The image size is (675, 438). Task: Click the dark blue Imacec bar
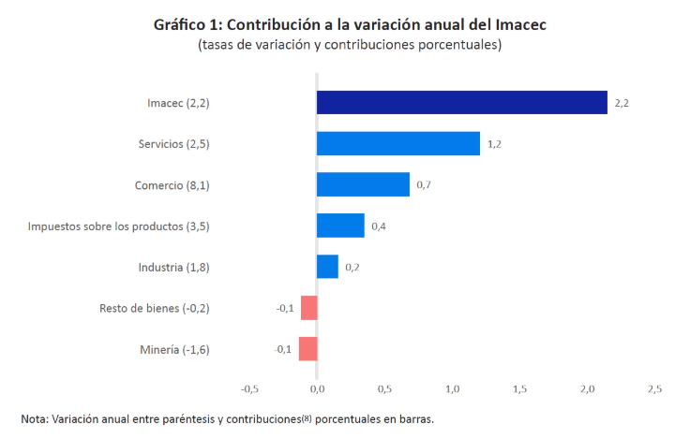pos(461,102)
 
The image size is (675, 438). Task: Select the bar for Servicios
pos(397,143)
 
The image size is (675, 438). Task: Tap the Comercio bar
pos(363,184)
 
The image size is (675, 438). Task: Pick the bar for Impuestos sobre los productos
pos(340,226)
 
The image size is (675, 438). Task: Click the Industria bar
pos(327,267)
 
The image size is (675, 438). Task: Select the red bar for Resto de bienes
pos(309,308)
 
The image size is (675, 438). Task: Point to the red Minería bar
pos(308,349)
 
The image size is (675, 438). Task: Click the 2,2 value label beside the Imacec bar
pos(622,103)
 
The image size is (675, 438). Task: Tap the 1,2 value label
pos(494,144)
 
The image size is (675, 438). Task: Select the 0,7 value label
pos(424,185)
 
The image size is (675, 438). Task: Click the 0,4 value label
pos(379,226)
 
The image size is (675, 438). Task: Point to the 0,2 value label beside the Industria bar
pos(352,268)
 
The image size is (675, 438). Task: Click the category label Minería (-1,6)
pos(173,349)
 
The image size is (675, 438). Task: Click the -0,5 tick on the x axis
pos(249,388)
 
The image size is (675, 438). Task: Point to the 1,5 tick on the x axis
pos(519,388)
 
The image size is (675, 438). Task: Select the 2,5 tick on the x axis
pos(654,388)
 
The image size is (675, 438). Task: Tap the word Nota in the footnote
pos(35,418)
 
